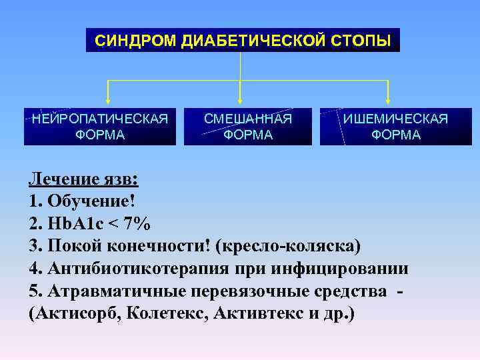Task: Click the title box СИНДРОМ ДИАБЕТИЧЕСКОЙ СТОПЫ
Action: pos(243,40)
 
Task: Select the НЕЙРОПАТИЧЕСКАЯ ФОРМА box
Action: pos(100,127)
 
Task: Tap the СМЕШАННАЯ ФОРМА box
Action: pos(247,127)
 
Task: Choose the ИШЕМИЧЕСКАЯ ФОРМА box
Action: pos(395,127)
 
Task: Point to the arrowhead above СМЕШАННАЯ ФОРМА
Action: pos(240,100)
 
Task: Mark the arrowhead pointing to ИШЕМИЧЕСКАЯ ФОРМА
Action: pos(389,100)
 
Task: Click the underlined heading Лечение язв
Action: pos(82,179)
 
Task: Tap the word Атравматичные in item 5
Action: pos(115,291)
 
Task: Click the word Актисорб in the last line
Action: pos(75,314)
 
